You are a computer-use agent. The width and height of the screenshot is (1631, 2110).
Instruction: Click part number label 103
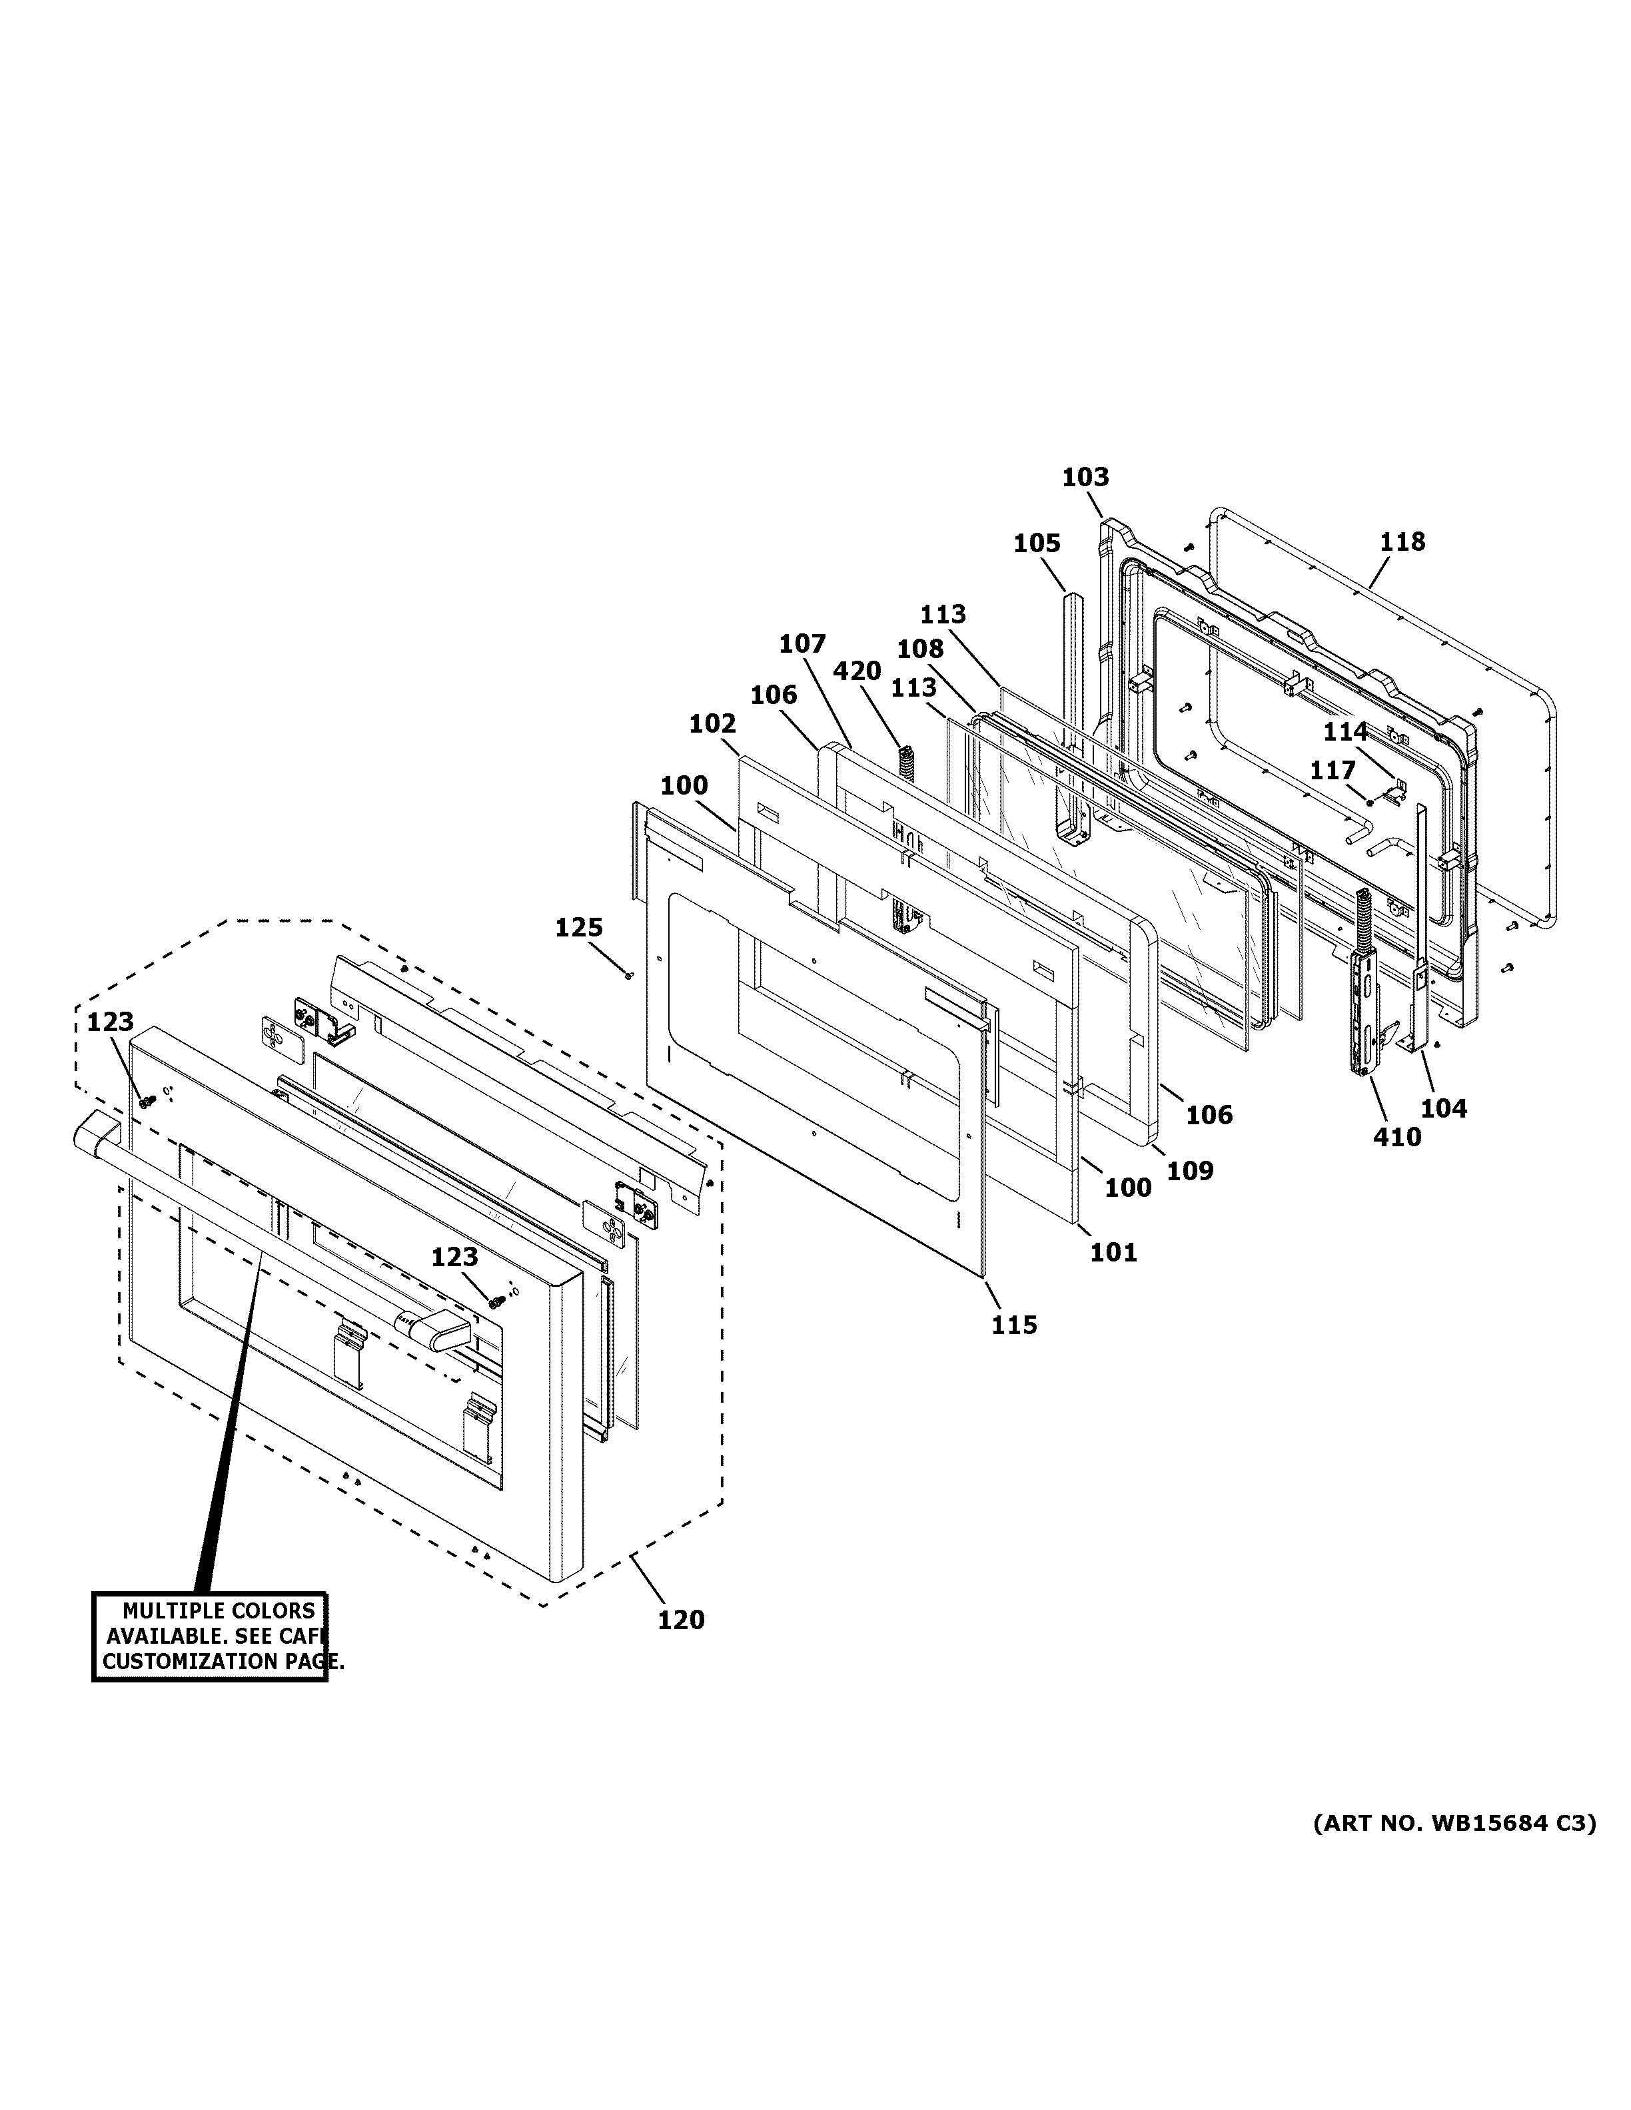pyautogui.click(x=1085, y=478)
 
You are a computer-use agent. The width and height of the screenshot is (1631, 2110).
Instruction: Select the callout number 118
pyautogui.click(x=1402, y=542)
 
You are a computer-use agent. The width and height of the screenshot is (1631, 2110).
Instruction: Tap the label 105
pyautogui.click(x=1037, y=544)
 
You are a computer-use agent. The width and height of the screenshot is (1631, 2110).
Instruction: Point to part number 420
pyautogui.click(x=857, y=671)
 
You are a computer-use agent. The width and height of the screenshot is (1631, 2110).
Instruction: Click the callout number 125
pyautogui.click(x=579, y=928)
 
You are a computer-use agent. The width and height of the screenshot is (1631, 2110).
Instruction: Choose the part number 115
pyautogui.click(x=1013, y=1325)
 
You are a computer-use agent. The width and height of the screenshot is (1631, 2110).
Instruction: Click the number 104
pyautogui.click(x=1444, y=1109)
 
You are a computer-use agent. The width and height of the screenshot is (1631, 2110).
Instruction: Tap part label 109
pyautogui.click(x=1189, y=1171)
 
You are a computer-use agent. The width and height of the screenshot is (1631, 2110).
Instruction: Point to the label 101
pyautogui.click(x=1114, y=1253)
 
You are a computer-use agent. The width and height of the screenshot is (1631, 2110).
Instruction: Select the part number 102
pyautogui.click(x=713, y=723)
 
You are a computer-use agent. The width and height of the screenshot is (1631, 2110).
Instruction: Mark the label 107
pyautogui.click(x=803, y=645)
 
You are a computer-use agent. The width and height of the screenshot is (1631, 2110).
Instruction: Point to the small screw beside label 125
pyautogui.click(x=629, y=976)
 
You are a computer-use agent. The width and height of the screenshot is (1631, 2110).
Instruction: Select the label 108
pyautogui.click(x=921, y=649)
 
